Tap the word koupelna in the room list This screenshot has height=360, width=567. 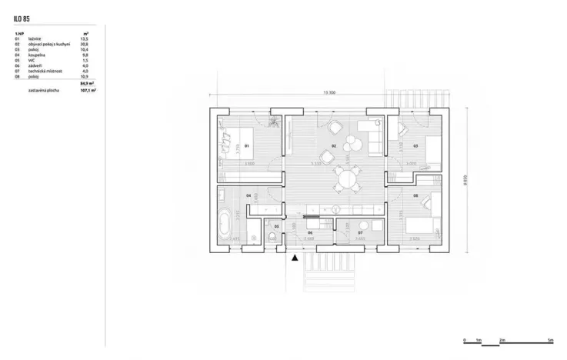(x=36, y=55)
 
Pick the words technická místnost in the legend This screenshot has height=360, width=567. (x=44, y=71)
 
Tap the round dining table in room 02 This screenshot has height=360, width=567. (x=348, y=182)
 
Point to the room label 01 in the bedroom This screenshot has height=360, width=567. (x=248, y=145)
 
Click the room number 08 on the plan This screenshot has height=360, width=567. (x=415, y=196)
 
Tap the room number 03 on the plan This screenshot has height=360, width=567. (x=415, y=145)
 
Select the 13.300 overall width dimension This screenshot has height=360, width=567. (x=329, y=93)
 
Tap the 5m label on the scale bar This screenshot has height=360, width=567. (x=550, y=340)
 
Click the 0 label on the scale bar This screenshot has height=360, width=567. (x=464, y=340)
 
